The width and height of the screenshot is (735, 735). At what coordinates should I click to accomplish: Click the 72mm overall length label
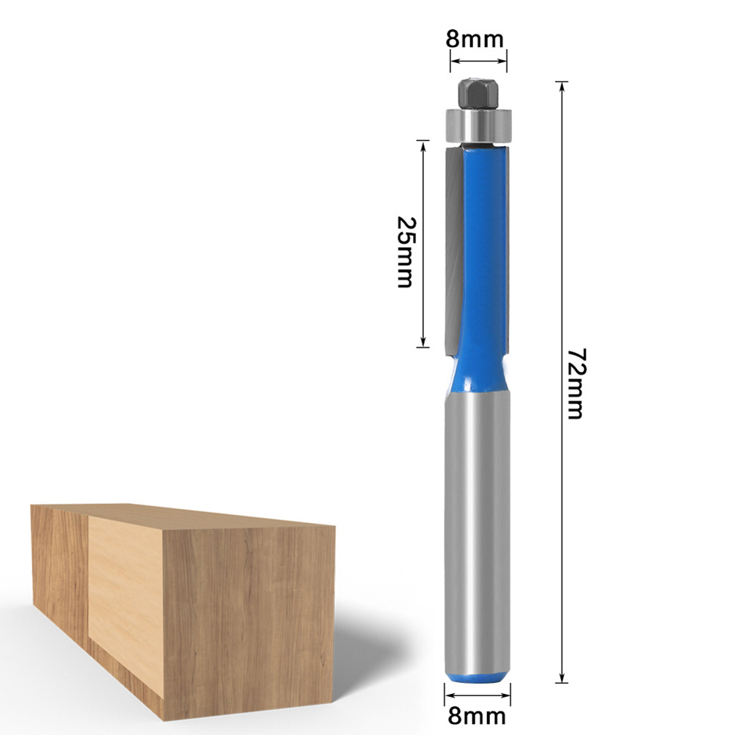point(576,384)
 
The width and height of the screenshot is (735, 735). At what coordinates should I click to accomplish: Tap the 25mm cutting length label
point(406,252)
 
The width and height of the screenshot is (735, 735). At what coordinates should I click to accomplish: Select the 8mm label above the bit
point(475,39)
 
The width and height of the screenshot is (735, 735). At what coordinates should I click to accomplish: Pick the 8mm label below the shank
point(478,716)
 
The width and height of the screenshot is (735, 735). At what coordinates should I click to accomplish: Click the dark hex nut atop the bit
point(478,94)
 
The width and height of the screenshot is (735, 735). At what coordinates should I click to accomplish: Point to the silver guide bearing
point(478,125)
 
